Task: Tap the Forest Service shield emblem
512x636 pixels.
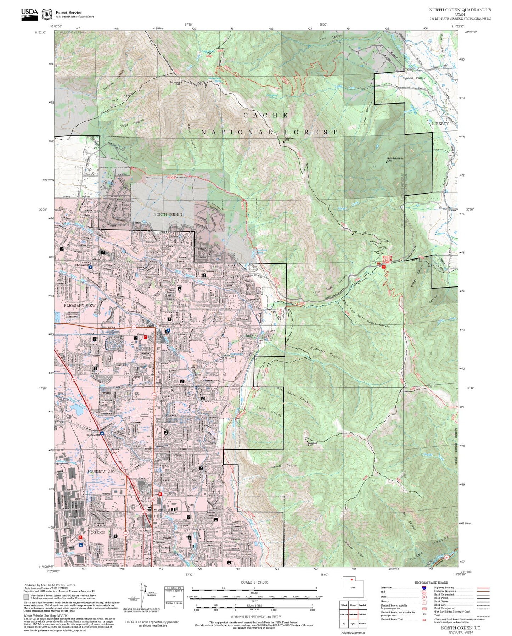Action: point(47,15)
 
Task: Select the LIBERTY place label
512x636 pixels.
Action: point(440,124)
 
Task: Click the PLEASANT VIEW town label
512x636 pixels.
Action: point(80,305)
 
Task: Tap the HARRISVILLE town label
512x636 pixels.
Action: point(100,472)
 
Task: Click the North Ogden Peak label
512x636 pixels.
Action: point(395,158)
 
